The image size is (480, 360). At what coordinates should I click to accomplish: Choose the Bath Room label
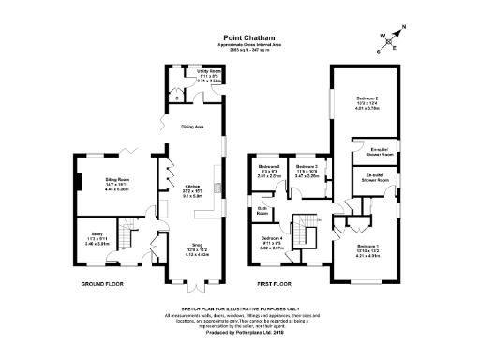(262, 210)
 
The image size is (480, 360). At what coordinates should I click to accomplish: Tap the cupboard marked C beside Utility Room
(177, 97)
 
